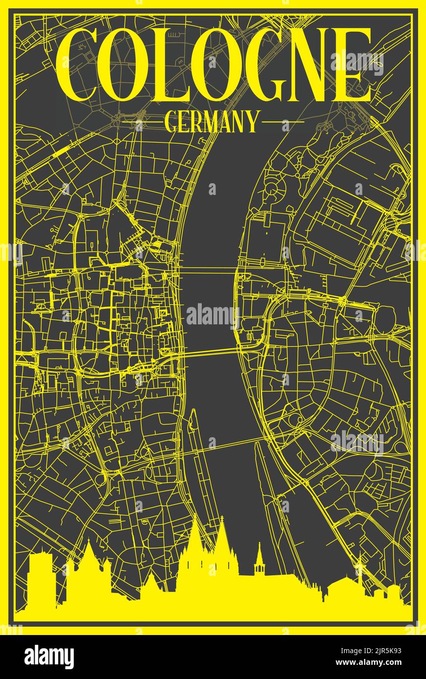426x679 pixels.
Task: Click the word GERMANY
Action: coord(211,122)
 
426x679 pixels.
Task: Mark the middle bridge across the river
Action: coord(210,352)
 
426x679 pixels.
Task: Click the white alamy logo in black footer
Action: coord(49,657)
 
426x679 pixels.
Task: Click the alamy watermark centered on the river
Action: coord(211,315)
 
